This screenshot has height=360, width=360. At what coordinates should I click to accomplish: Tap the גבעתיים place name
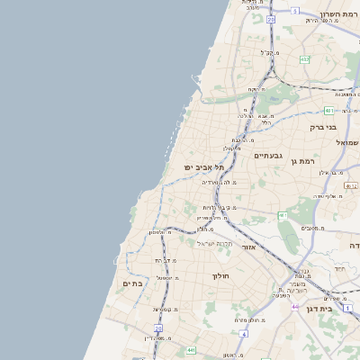coord(269,156)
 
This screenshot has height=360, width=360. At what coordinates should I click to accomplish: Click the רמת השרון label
coord(338,14)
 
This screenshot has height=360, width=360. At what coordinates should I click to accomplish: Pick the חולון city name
coord(221,275)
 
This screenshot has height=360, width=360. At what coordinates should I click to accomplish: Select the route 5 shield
coord(294,11)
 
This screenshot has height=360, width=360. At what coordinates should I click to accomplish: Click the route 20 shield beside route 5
coord(270,18)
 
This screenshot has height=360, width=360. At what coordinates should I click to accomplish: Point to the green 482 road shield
coord(304,59)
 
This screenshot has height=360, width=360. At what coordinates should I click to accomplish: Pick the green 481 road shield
coord(329,110)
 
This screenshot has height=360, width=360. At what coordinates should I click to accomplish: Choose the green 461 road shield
coord(282,216)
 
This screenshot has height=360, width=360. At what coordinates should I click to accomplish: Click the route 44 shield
coord(295,307)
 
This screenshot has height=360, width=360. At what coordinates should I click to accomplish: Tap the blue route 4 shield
coord(244,332)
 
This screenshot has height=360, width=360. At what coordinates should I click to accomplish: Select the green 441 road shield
coord(191,349)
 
